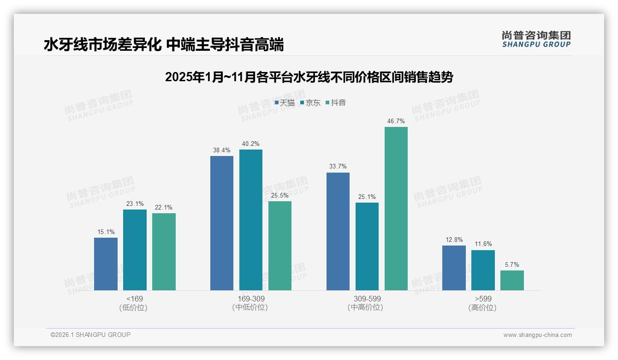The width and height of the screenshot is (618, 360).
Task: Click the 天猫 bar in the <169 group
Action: tap(106, 264)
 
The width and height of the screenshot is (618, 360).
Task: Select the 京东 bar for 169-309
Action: tap(251, 220)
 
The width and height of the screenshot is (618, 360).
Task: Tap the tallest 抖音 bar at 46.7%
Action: tap(396, 209)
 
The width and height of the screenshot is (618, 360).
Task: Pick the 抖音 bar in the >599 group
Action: tap(512, 280)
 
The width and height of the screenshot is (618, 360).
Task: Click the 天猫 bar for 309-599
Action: tap(338, 231)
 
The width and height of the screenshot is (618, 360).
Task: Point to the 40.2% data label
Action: tap(251, 144)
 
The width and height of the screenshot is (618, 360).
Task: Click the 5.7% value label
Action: tap(512, 264)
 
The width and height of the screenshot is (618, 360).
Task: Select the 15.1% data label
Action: tap(106, 232)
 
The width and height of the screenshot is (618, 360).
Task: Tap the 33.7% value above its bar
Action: tap(338, 166)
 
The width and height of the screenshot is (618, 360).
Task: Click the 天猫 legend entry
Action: tap(285, 102)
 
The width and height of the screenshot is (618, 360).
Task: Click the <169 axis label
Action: tap(134, 299)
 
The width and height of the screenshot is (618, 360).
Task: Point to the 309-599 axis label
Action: tap(367, 299)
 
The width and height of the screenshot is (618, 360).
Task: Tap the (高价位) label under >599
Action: tap(482, 307)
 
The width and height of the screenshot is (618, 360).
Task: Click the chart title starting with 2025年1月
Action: tap(309, 77)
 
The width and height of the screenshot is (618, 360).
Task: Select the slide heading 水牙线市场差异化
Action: tap(164, 45)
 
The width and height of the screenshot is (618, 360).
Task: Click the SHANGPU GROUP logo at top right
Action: tap(536, 39)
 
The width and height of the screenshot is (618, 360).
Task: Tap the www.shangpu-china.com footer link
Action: tap(537, 335)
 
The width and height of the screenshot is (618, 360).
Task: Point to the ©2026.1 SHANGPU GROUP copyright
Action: tap(90, 335)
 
